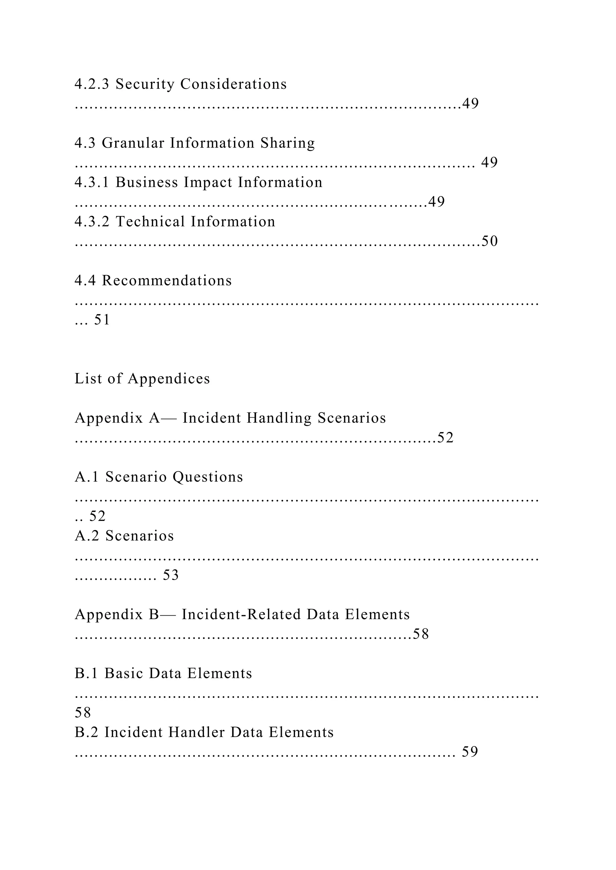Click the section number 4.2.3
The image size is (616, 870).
point(92,84)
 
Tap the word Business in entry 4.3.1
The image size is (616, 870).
point(146,182)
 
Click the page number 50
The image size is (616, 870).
point(489,241)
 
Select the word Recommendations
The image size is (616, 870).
point(167,281)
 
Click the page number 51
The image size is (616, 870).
point(102,320)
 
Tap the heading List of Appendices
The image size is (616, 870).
point(142,379)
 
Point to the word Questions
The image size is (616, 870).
point(208,477)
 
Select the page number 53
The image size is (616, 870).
point(171,575)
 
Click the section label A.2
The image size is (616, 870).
point(87,536)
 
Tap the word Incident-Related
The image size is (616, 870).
point(241,614)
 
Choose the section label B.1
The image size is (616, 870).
point(87,673)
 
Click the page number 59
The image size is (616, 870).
point(470,752)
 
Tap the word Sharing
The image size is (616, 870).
point(288,143)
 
